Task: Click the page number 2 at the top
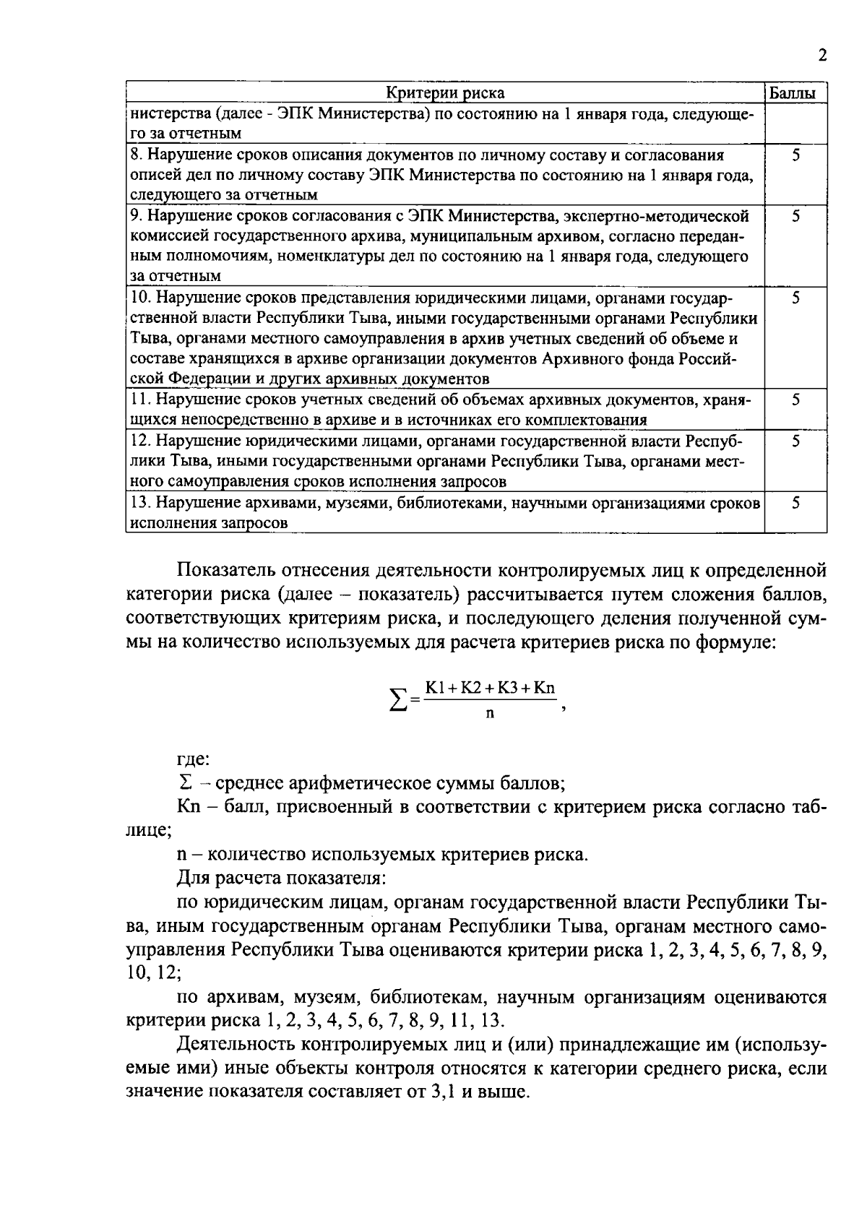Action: click(822, 56)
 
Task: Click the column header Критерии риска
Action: click(445, 93)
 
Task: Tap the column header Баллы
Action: click(795, 93)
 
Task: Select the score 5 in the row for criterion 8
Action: click(795, 155)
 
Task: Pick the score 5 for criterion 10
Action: click(795, 298)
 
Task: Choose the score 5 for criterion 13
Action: click(795, 504)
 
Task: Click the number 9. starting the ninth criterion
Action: click(137, 216)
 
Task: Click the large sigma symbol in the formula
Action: click(398, 699)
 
